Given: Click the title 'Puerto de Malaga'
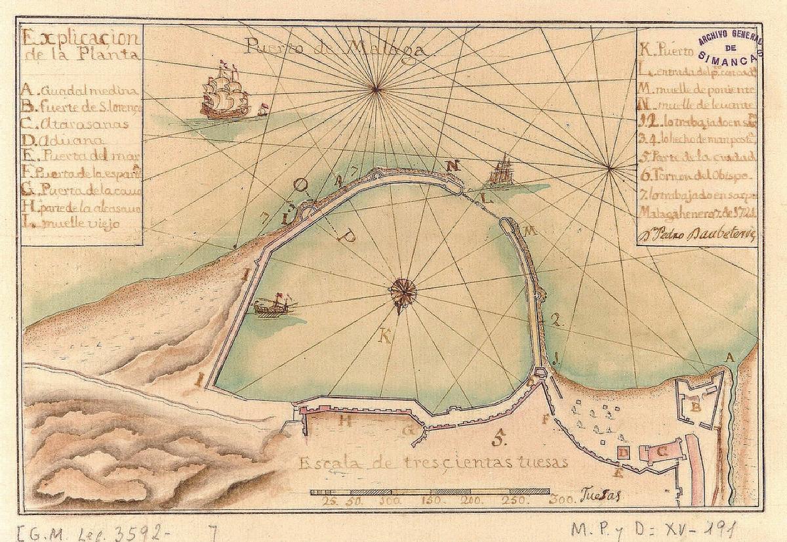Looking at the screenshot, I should click(336, 49).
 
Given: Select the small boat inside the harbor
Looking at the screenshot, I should click(274, 306).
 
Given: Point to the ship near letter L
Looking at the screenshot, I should click(502, 172).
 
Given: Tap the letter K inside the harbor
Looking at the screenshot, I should click(386, 337).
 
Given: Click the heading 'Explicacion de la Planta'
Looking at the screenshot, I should click(80, 45).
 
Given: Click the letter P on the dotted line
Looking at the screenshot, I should click(349, 236).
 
